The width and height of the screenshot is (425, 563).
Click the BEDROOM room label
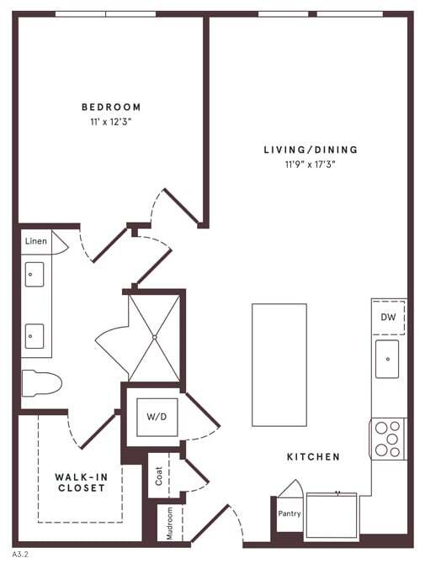tap(111, 107)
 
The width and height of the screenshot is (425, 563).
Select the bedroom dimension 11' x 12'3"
tap(111, 122)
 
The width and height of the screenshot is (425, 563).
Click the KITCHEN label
tap(313, 457)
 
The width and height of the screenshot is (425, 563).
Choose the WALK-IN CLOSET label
tap(81, 482)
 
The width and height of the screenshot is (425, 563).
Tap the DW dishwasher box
tap(388, 318)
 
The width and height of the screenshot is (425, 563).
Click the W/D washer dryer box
tap(157, 415)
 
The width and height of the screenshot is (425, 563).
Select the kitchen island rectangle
tap(279, 365)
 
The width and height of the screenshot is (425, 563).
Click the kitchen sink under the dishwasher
tap(387, 359)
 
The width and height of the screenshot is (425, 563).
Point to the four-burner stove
tap(387, 438)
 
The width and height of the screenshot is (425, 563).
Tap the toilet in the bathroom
tap(41, 382)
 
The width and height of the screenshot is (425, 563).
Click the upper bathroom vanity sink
tap(35, 274)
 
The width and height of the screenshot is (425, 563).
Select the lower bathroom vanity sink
tap(35, 335)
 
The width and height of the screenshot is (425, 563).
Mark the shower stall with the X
tap(154, 336)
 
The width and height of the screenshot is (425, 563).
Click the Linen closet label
tap(35, 241)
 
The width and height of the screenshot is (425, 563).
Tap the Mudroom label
tap(170, 522)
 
